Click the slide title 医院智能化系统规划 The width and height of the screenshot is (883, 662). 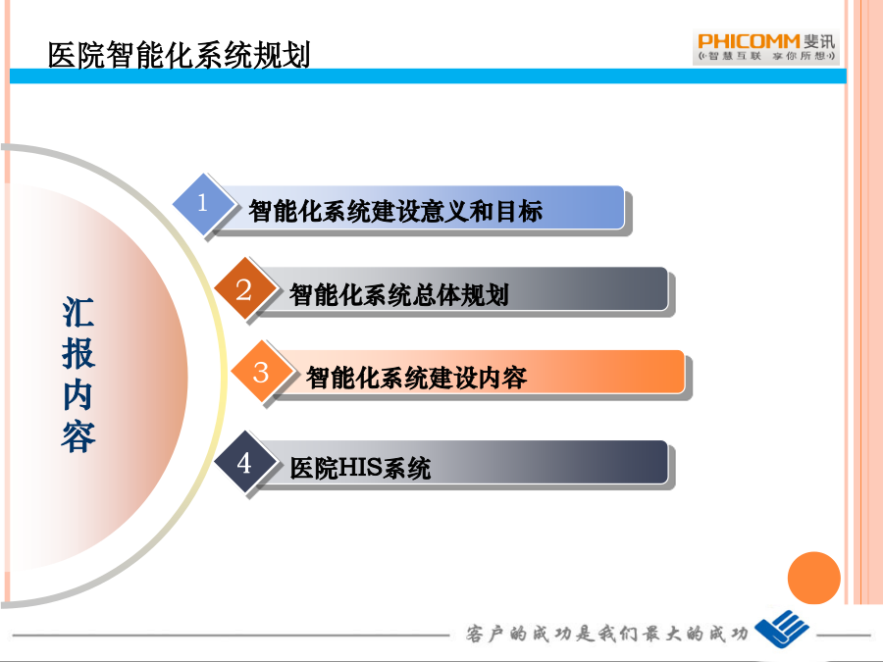(x=179, y=55)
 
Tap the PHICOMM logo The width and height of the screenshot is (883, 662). (x=766, y=47)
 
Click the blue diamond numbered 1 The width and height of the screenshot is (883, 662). (x=203, y=203)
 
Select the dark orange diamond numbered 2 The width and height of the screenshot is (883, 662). (x=244, y=290)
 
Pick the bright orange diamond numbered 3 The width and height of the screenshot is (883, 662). (x=261, y=372)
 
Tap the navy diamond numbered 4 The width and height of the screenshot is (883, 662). (x=244, y=463)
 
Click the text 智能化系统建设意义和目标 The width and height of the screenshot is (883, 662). (x=395, y=211)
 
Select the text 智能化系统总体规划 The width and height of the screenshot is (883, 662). (x=398, y=294)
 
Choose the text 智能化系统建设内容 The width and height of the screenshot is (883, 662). (x=416, y=378)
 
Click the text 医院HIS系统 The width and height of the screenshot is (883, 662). (x=360, y=468)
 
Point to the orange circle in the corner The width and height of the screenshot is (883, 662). (x=813, y=578)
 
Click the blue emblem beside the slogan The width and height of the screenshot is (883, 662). (x=782, y=629)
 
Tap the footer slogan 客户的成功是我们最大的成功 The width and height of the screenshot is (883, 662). (x=606, y=634)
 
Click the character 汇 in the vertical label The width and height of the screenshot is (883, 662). (x=78, y=312)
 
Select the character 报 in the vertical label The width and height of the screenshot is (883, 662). (x=78, y=353)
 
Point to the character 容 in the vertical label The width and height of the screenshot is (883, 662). (x=78, y=436)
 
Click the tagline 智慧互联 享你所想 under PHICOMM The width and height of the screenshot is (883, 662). (x=766, y=56)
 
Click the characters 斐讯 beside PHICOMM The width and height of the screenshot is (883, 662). (x=819, y=41)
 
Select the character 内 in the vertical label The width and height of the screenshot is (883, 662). (x=78, y=394)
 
